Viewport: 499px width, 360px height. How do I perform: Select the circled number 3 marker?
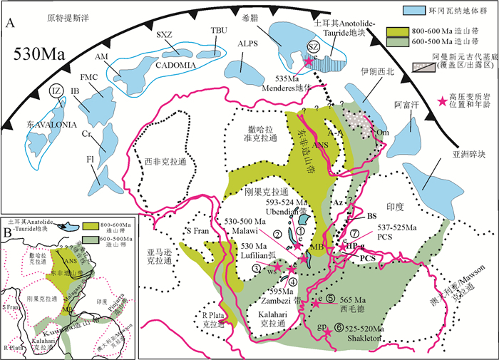(x=255, y=267)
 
